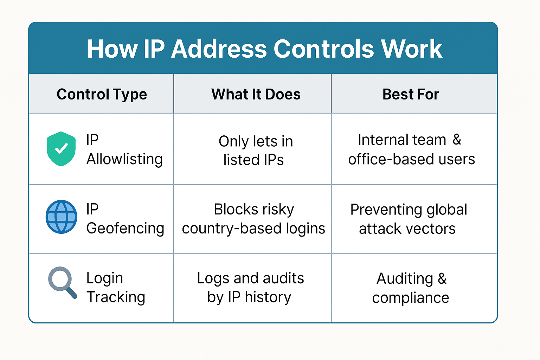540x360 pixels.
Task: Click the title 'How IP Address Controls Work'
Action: pyautogui.click(x=265, y=49)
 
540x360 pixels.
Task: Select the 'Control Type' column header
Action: pyautogui.click(x=102, y=94)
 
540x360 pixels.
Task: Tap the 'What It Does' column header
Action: pyautogui.click(x=256, y=94)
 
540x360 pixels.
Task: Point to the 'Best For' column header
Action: pyautogui.click(x=411, y=94)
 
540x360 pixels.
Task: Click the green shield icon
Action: pyautogui.click(x=61, y=149)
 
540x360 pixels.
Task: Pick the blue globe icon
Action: pyautogui.click(x=61, y=217)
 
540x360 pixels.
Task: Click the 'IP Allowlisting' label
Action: pyautogui.click(x=124, y=149)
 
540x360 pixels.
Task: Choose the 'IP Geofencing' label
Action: pyautogui.click(x=125, y=219)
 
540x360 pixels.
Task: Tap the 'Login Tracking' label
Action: pyautogui.click(x=116, y=288)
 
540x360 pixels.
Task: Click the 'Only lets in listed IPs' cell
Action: pyautogui.click(x=256, y=150)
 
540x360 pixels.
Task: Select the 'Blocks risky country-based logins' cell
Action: pyautogui.click(x=253, y=219)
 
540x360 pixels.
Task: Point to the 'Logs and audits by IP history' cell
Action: pyautogui.click(x=250, y=288)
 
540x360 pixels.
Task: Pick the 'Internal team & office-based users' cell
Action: pyautogui.click(x=411, y=149)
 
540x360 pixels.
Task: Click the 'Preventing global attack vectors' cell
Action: pyautogui.click(x=409, y=219)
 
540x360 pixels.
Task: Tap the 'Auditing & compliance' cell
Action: pyautogui.click(x=411, y=288)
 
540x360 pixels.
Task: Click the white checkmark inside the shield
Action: pyautogui.click(x=62, y=148)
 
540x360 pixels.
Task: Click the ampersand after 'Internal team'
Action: pyautogui.click(x=457, y=140)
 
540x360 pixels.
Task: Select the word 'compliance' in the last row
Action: pyautogui.click(x=411, y=298)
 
